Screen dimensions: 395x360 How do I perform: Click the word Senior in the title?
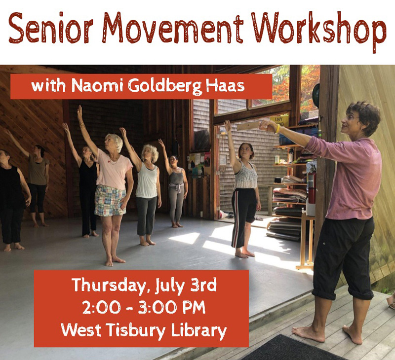(x=51, y=29)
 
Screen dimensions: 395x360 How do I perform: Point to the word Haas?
(x=225, y=85)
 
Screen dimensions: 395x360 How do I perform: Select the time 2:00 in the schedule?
(x=102, y=307)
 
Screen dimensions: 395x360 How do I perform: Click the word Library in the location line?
(x=199, y=330)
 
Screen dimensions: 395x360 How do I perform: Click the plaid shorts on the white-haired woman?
(x=110, y=201)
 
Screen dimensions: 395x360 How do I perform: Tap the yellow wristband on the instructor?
(x=277, y=129)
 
